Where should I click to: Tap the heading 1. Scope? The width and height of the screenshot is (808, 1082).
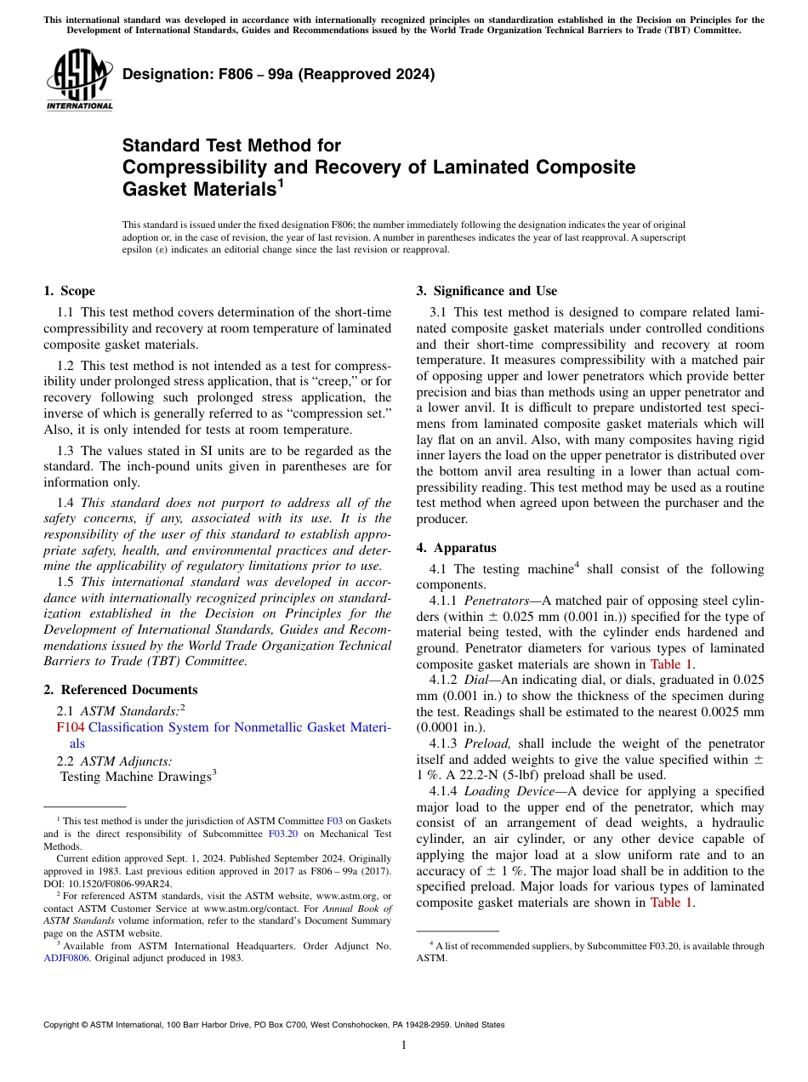tap(69, 291)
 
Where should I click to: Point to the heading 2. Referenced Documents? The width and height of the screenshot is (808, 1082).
tap(120, 690)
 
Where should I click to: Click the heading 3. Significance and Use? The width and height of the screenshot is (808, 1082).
tap(487, 291)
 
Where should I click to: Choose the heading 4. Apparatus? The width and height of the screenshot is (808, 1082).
tap(456, 548)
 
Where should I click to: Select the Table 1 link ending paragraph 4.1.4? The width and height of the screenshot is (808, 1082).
tap(672, 903)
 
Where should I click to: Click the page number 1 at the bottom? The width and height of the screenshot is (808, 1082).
tap(404, 1045)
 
